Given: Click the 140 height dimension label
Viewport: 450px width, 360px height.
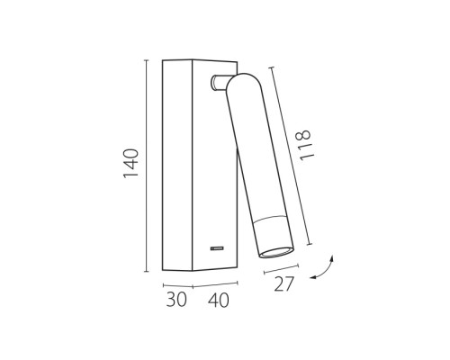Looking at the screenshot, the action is [131, 163].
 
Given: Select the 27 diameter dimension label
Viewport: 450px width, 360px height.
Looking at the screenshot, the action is [283, 284].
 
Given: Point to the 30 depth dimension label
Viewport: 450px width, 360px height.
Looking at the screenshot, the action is [176, 299].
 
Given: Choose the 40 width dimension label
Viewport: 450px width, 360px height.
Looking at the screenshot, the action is [219, 301].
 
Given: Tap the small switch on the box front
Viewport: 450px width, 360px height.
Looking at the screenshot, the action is [217, 248].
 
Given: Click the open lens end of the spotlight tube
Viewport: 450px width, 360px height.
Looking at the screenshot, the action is [276, 253].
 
